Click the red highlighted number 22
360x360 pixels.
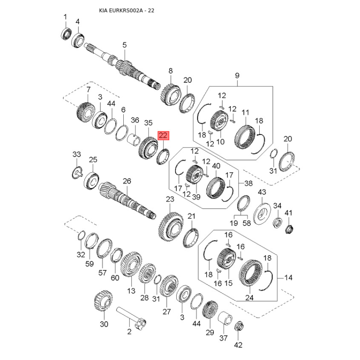(x=163, y=135)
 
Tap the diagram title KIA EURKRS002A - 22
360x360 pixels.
(x=126, y=10)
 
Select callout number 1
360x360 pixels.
(x=65, y=17)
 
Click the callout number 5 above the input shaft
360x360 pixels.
(x=125, y=45)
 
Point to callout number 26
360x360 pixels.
(x=127, y=181)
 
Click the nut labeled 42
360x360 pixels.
(x=239, y=326)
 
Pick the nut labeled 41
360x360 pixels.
(x=289, y=229)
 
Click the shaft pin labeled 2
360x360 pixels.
(x=131, y=319)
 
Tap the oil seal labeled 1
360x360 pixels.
(x=67, y=33)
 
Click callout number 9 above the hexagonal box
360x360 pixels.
(x=237, y=76)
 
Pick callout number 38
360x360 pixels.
(x=248, y=183)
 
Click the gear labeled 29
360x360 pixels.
(x=210, y=310)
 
